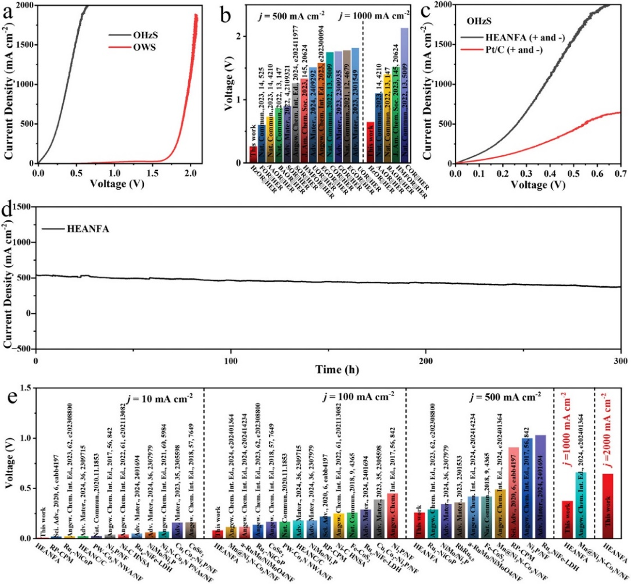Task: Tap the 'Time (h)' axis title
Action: [x=328, y=368]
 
